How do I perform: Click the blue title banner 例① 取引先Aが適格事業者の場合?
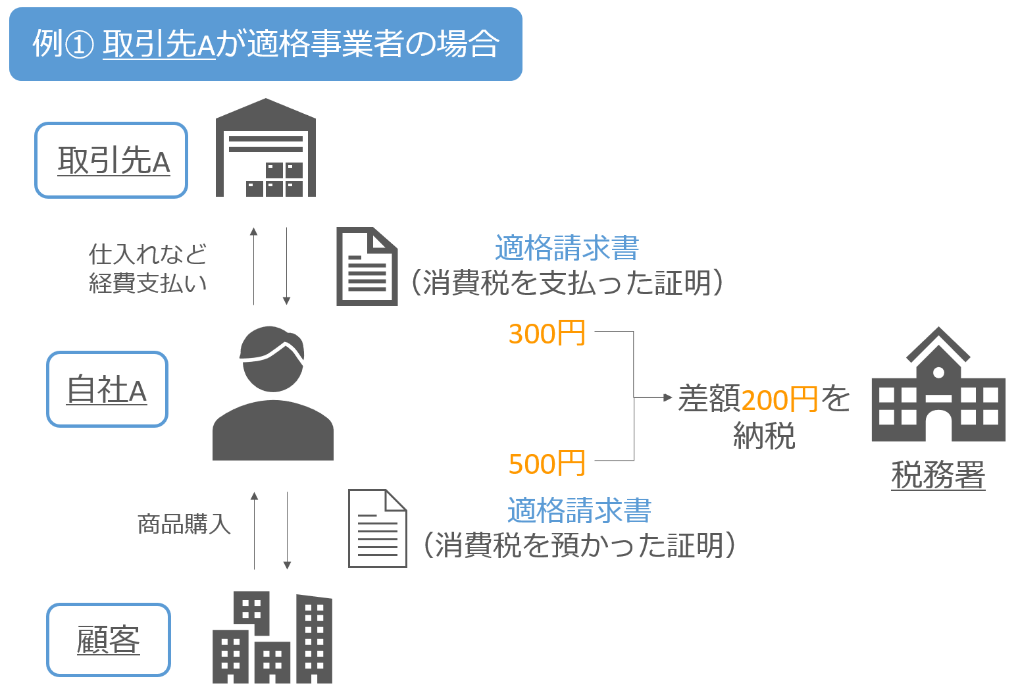click(x=265, y=44)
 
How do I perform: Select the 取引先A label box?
click(x=111, y=160)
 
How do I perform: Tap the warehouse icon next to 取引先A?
click(x=266, y=149)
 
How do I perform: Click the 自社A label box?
click(x=107, y=389)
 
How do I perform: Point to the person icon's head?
click(x=272, y=359)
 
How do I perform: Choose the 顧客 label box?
click(x=109, y=639)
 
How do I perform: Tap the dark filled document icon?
click(x=367, y=267)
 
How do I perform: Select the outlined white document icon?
click(x=377, y=528)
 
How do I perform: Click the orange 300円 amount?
click(x=547, y=334)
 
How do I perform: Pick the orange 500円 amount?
click(x=547, y=464)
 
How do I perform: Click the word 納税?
click(x=764, y=435)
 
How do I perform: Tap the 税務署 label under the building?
click(x=938, y=474)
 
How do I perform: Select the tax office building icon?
click(x=938, y=388)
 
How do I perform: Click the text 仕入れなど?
click(x=148, y=254)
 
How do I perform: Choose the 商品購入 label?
click(x=184, y=524)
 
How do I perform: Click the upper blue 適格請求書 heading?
click(x=567, y=248)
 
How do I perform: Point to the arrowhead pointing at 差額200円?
click(x=668, y=397)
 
